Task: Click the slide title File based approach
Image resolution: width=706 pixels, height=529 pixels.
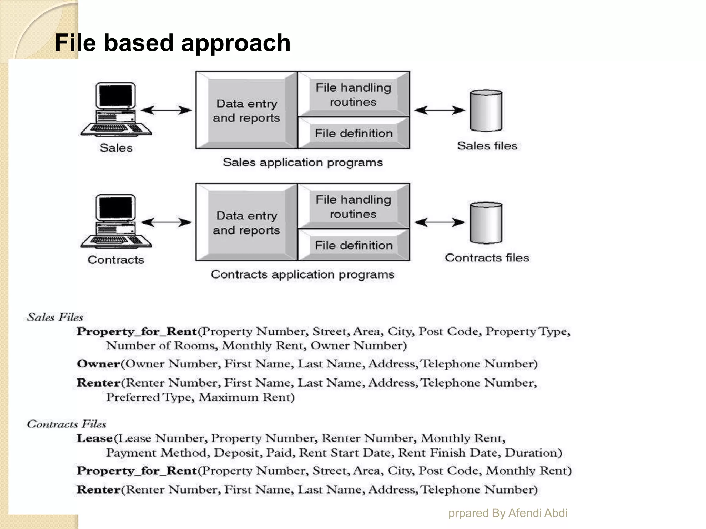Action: point(172,43)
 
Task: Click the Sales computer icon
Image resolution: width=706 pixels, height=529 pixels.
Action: point(116,110)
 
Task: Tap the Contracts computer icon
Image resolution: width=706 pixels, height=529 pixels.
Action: point(116,221)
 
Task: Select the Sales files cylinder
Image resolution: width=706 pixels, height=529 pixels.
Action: point(486,111)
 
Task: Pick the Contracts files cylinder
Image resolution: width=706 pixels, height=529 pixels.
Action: point(486,222)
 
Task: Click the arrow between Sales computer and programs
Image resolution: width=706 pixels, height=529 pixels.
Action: point(166,110)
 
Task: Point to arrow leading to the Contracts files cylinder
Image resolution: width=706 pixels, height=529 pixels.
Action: point(440,222)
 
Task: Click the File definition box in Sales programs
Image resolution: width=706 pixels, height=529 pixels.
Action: point(354,133)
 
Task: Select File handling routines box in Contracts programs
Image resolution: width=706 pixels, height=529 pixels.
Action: point(354,207)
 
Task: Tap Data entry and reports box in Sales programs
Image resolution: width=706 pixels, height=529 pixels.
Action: point(246,111)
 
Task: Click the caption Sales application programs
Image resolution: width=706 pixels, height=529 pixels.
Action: point(303,162)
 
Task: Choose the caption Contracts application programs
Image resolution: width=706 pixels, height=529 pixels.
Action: point(302,274)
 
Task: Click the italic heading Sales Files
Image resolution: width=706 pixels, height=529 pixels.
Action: point(55,317)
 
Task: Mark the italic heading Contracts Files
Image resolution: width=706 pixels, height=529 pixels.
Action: point(66,424)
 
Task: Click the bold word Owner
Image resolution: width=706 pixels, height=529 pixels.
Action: point(98,364)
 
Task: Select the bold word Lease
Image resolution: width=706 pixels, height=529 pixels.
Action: point(94,438)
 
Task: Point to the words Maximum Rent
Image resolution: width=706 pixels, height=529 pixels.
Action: point(247,397)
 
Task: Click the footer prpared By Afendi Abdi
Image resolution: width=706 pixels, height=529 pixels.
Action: point(507,513)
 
